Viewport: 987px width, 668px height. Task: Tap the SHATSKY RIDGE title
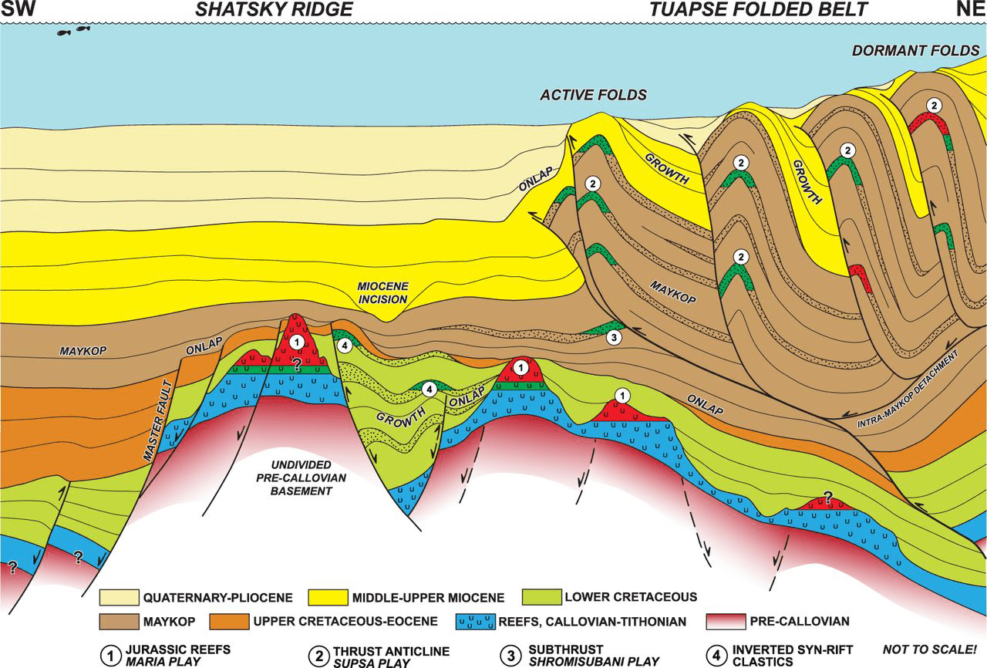[263, 10]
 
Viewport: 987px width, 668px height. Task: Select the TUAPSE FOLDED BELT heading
[759, 10]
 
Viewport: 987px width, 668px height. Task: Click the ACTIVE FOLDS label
[593, 96]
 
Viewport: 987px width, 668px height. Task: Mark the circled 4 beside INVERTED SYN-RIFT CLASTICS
[719, 656]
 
